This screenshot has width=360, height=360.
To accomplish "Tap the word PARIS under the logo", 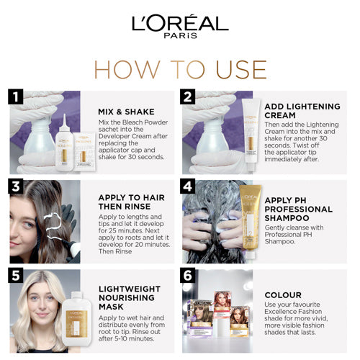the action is click(181, 36).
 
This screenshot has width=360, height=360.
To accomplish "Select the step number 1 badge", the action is click(16, 96).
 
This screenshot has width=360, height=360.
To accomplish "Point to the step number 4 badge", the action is click(188, 186).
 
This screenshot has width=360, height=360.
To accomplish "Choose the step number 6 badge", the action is click(188, 276).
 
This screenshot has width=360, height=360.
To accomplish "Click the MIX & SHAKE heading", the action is click(126, 112).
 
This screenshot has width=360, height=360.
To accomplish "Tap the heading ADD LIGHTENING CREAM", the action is click(302, 111).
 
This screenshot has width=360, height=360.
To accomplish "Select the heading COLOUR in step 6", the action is click(283, 295).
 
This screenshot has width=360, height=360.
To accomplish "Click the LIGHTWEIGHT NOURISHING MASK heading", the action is click(130, 298).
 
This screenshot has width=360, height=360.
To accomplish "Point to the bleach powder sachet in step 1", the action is click(84, 151).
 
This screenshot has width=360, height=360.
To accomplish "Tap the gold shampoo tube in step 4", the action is click(251, 221).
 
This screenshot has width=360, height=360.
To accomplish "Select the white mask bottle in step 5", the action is click(77, 319).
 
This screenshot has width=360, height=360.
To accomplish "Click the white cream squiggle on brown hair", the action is click(53, 225).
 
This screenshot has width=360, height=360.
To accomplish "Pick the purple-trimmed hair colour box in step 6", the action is click(200, 318).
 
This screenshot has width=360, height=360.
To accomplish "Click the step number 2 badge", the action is click(188, 96).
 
